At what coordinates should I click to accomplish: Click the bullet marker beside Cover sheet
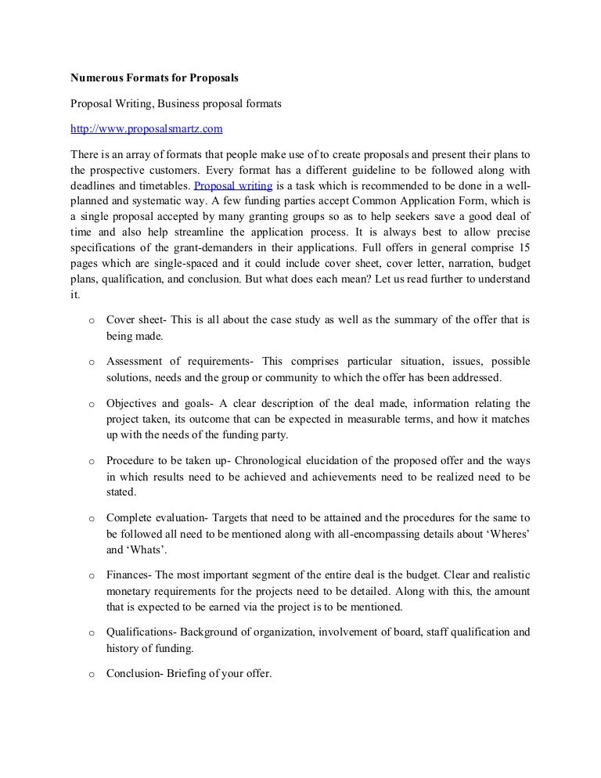pos(92,322)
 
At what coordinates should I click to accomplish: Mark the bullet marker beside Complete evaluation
pos(92,519)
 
